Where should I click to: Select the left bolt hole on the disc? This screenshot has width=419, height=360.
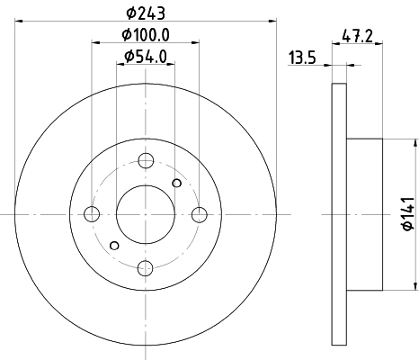[x=91, y=214]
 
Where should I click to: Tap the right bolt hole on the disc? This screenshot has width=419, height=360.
[x=199, y=214]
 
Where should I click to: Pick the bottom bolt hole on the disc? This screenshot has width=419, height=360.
[x=145, y=267]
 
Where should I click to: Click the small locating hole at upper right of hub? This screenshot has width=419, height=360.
[x=176, y=184]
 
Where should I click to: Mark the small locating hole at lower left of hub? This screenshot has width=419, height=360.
[x=113, y=245]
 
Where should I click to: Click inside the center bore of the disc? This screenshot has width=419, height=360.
[x=145, y=214]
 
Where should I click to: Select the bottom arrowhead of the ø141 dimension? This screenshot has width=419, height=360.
[x=415, y=287]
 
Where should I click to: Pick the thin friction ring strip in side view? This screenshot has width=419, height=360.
[x=339, y=214]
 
